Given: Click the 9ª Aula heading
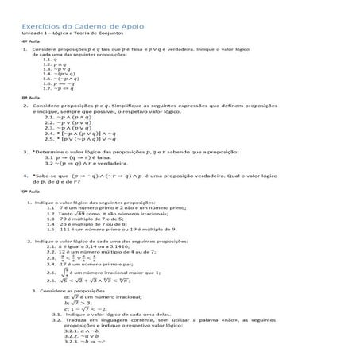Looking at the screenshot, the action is (29, 192).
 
